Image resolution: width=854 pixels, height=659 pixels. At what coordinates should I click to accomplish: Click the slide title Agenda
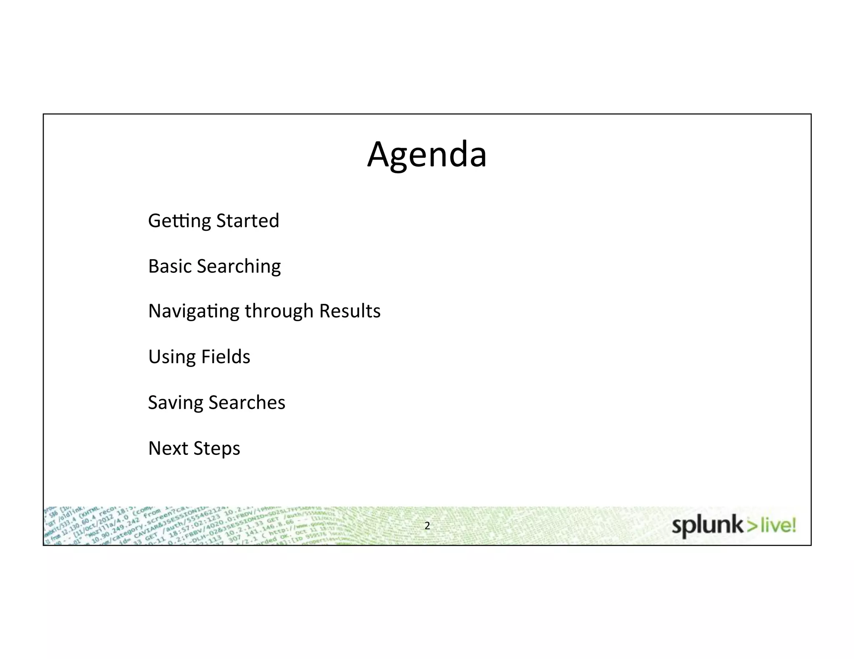pyautogui.click(x=427, y=155)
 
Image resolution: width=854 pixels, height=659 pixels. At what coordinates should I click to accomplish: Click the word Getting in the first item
pyautogui.click(x=179, y=221)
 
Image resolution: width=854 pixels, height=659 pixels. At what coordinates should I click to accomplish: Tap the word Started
pyautogui.click(x=248, y=221)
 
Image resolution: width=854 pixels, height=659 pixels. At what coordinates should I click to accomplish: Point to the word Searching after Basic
pyautogui.click(x=239, y=267)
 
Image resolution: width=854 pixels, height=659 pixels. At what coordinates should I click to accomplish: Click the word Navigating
pyautogui.click(x=194, y=312)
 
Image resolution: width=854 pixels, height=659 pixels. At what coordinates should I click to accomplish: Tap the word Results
pyautogui.click(x=350, y=311)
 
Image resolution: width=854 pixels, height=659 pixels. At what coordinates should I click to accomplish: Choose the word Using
pyautogui.click(x=172, y=357)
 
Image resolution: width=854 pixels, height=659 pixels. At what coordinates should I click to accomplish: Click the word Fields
pyautogui.click(x=226, y=357)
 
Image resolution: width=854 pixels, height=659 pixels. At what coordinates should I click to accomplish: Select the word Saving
pyautogui.click(x=176, y=403)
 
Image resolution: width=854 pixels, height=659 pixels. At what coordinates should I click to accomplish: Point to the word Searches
pyautogui.click(x=247, y=402)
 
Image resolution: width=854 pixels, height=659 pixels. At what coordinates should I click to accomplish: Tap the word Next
pyautogui.click(x=168, y=448)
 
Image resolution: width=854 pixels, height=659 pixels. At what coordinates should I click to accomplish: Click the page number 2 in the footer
pyautogui.click(x=427, y=526)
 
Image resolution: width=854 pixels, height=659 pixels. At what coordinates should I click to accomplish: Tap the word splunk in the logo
pyautogui.click(x=707, y=526)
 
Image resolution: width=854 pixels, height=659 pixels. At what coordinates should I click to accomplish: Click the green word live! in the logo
pyautogui.click(x=778, y=526)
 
